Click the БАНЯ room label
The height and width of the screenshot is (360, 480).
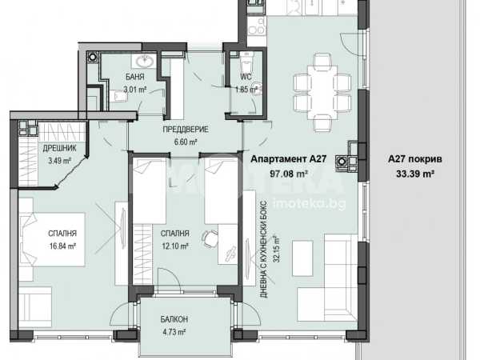point(134,77)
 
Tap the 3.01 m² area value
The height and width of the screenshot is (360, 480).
point(134,90)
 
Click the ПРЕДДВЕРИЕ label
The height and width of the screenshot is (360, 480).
point(186,129)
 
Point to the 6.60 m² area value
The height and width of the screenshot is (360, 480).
point(186,142)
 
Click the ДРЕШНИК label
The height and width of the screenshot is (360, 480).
point(59,148)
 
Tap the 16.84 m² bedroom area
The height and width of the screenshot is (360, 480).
point(62,246)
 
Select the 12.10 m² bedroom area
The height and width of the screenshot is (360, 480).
point(174,246)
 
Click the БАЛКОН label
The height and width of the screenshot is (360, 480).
point(174,319)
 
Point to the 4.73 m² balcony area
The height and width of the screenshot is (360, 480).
point(174,332)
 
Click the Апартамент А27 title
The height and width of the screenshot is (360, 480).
point(288,159)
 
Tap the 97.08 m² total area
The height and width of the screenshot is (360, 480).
point(288,174)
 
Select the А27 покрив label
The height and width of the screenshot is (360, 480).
point(414,159)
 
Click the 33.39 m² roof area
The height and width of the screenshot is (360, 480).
point(415,174)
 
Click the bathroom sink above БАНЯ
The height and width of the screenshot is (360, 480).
point(145,62)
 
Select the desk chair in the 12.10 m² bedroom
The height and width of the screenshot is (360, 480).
point(210,238)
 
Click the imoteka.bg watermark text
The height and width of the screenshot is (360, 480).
point(309,203)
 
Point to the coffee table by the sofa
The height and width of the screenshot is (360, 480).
point(302,258)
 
